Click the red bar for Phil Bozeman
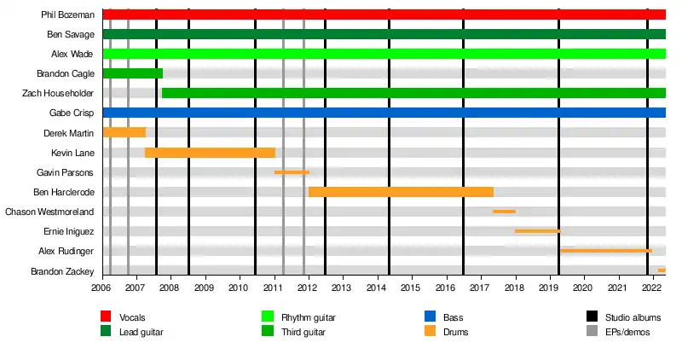coord(384,15)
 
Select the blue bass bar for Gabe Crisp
coord(384,113)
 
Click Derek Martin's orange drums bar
coord(124,132)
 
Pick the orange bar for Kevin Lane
coord(210,152)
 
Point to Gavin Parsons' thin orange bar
coord(292,172)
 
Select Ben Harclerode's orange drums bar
coord(401,192)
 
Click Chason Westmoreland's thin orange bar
coord(504,212)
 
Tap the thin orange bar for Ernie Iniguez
coord(537,231)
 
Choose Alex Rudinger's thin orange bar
coord(606,251)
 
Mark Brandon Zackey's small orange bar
coord(662,270)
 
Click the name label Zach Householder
coord(58,93)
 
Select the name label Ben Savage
coord(71,34)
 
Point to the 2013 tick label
coord(343,289)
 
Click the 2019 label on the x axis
coord(549,289)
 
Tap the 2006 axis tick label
coord(102,289)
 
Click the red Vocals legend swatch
coord(106,317)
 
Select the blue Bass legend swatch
coord(430,317)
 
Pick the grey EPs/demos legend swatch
coord(592,331)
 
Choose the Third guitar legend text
coord(303,331)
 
